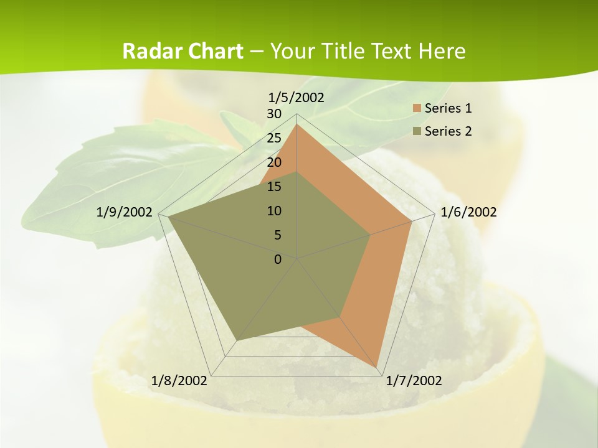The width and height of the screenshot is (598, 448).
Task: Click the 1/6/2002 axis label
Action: (468, 212)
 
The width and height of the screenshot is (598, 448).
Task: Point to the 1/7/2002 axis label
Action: (414, 381)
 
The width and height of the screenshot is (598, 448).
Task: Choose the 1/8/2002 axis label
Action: (179, 381)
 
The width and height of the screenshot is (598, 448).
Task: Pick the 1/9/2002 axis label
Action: (125, 212)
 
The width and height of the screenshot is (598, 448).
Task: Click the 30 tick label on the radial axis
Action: (274, 114)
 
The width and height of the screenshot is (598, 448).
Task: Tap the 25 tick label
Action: (274, 138)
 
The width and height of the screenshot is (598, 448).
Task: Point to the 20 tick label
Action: (274, 162)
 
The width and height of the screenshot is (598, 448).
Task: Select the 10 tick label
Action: (274, 211)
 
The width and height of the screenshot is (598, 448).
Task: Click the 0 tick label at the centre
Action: (278, 259)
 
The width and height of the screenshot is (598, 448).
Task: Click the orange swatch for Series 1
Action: (417, 108)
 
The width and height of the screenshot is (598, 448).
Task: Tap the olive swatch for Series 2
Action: (417, 131)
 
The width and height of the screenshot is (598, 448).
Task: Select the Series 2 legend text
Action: (448, 131)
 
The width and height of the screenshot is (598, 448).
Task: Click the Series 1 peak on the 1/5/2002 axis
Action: (297, 124)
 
